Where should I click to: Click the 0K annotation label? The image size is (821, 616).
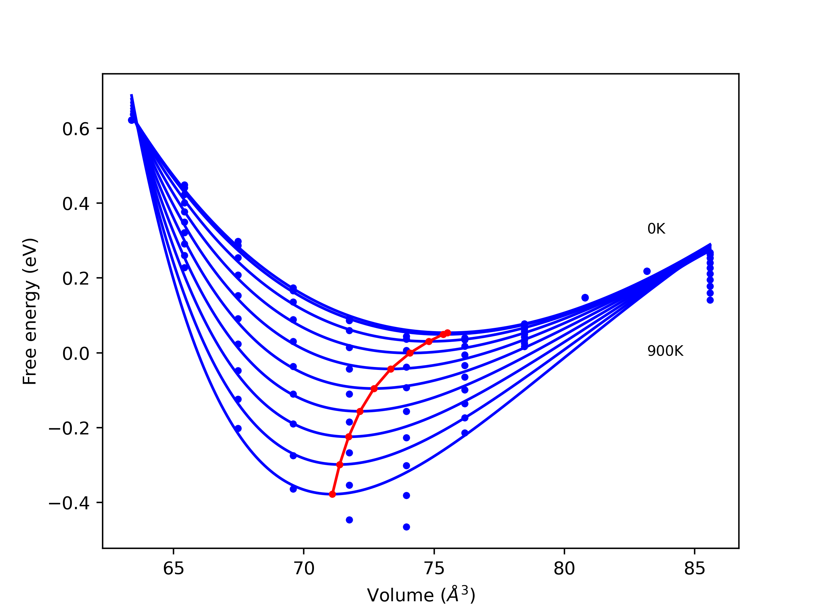656,229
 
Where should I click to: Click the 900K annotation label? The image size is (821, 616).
665,351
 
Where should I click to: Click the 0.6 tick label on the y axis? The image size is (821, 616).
76,129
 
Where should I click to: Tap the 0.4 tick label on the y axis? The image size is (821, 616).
76,204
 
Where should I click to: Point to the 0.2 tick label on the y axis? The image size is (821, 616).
76,279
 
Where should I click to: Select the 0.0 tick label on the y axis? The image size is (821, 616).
76,354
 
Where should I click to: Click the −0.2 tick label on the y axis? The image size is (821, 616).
69,429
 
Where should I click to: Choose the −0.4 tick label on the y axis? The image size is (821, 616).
69,503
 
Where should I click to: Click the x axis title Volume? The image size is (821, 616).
421,595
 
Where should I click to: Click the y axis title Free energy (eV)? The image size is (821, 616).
30,311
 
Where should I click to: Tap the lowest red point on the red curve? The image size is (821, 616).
332,494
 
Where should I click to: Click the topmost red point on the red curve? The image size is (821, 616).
447,333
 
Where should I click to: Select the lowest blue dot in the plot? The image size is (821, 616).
406,527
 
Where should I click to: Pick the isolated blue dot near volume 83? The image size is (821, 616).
647,271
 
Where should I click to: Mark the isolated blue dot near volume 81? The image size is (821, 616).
585,298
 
